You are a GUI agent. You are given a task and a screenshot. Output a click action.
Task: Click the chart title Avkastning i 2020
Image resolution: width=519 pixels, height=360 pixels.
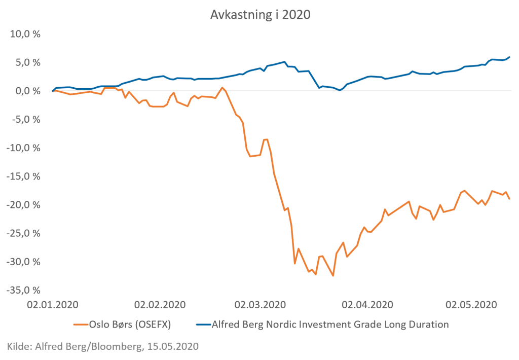260,15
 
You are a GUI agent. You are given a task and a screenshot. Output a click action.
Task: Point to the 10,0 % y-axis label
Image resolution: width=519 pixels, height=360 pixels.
25,34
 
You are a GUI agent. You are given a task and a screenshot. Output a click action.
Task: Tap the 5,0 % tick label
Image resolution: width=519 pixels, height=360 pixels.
28,62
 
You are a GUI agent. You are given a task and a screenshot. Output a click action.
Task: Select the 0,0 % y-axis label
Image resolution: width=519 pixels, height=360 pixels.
28,91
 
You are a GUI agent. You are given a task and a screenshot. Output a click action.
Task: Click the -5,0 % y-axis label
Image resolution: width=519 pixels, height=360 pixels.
26,119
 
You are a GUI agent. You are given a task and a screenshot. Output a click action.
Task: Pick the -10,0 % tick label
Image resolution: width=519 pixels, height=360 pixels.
23,148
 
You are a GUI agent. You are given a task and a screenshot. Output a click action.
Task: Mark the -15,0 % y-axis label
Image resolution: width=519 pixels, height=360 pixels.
23,176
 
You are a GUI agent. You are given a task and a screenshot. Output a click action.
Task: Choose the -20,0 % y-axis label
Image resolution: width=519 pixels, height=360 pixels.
23,205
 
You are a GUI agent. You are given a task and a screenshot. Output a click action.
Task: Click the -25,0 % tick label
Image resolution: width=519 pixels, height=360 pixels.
23,233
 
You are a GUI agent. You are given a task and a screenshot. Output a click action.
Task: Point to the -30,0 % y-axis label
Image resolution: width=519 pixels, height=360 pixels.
23,262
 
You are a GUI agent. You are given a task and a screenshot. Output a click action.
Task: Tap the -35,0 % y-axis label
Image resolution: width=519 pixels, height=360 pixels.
23,290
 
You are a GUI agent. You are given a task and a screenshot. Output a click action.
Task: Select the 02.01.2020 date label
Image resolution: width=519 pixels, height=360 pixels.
53,305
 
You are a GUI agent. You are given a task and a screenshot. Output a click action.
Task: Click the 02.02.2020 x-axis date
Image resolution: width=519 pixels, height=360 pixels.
160,305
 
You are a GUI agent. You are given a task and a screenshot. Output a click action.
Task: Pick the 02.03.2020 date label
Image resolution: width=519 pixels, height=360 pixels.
260,305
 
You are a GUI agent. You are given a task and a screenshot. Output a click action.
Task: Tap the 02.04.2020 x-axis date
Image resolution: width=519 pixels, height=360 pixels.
367,305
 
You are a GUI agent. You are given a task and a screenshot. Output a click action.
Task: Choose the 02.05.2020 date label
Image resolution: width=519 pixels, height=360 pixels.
471,305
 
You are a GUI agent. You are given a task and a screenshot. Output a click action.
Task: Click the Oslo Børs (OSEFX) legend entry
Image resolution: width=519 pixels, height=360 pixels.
122,325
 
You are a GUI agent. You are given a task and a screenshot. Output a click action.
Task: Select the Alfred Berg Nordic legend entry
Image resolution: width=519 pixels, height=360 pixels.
323,325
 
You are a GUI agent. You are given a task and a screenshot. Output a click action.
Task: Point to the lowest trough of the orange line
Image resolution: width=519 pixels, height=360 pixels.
333,275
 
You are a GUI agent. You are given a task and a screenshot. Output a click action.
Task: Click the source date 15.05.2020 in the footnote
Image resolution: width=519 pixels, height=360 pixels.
173,346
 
